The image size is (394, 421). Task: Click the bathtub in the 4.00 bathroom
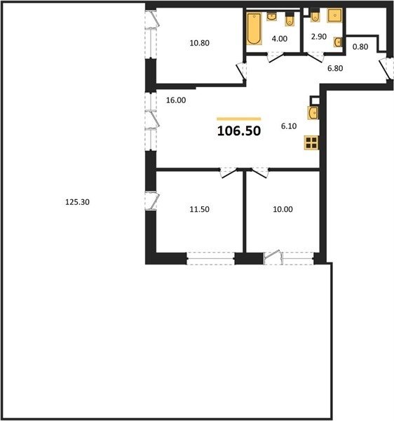[254, 29]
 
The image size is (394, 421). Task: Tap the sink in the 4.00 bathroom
[272, 17]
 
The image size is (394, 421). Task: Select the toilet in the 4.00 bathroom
[289, 19]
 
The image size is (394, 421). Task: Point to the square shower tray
[334, 15]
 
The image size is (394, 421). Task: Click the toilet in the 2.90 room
[315, 15]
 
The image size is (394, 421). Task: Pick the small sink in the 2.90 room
[338, 42]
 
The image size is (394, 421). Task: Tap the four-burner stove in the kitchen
[311, 142]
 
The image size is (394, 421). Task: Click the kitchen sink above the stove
[313, 113]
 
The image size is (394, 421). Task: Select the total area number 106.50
[239, 131]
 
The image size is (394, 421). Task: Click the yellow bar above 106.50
[239, 119]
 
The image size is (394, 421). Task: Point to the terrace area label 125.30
[77, 202]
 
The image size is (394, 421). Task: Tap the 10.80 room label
[199, 43]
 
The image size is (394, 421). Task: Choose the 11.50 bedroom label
[199, 209]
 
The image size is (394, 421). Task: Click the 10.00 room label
[283, 209]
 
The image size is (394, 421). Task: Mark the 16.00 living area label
[176, 100]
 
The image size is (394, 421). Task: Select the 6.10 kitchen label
[289, 126]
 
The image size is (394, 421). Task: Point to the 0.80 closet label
[360, 47]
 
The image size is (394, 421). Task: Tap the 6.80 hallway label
[335, 68]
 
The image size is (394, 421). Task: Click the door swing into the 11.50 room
[229, 173]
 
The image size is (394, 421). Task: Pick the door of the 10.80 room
[241, 71]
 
